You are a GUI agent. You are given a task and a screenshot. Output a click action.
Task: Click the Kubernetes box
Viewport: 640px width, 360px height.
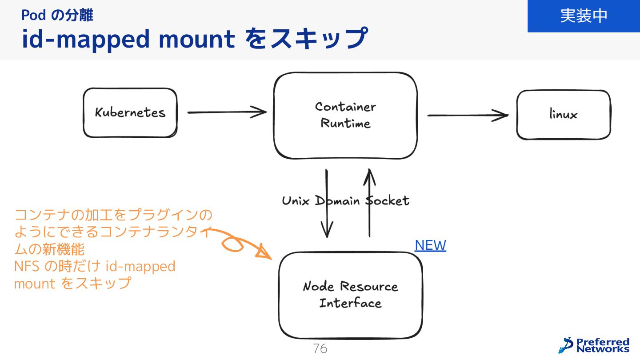[x=130, y=112]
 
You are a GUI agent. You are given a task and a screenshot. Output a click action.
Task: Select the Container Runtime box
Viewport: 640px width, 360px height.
[x=345, y=115]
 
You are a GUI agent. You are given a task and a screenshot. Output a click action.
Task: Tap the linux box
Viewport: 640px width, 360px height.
[x=563, y=115]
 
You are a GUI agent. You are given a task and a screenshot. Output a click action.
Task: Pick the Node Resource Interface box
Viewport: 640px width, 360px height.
[x=350, y=295]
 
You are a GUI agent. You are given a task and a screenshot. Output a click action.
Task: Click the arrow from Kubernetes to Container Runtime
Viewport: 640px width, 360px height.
[x=227, y=112]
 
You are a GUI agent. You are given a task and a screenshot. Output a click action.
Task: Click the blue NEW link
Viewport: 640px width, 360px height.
[x=430, y=245]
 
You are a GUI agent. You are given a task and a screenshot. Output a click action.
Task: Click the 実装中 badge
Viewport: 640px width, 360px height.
[x=584, y=16]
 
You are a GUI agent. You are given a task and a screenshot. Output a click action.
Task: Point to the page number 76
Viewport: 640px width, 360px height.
[x=320, y=349]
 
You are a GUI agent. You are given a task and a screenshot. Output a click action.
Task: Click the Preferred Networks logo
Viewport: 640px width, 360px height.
[x=594, y=345]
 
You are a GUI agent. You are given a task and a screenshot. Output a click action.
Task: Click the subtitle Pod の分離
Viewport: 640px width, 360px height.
[x=57, y=16]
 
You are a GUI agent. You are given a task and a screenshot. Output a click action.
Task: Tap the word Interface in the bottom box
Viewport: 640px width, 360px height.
[x=350, y=304]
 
